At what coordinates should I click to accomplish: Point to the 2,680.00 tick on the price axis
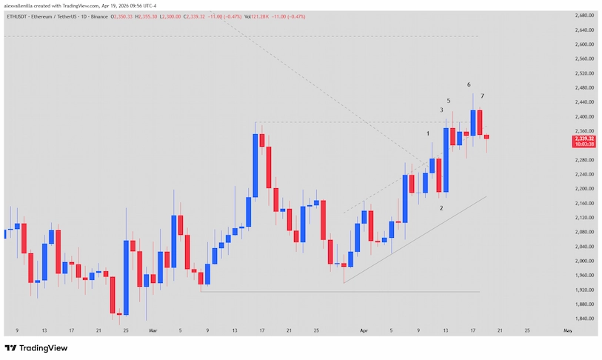click(586, 16)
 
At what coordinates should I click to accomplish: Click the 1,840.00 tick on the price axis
click(586, 319)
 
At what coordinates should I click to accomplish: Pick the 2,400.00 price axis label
click(586, 116)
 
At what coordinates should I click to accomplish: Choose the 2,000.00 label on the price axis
click(586, 261)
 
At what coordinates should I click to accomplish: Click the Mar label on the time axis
click(153, 330)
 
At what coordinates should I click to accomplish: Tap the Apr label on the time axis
click(363, 330)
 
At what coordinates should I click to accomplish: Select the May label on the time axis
click(567, 330)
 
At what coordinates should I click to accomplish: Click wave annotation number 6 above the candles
click(469, 84)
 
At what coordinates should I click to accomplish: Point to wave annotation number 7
click(482, 96)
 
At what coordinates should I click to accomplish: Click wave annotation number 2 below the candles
click(441, 208)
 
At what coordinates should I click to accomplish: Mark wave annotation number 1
click(428, 133)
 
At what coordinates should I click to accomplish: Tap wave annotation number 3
click(442, 110)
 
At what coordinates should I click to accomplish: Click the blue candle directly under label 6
click(472, 122)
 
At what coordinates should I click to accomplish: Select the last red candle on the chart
click(486, 136)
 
